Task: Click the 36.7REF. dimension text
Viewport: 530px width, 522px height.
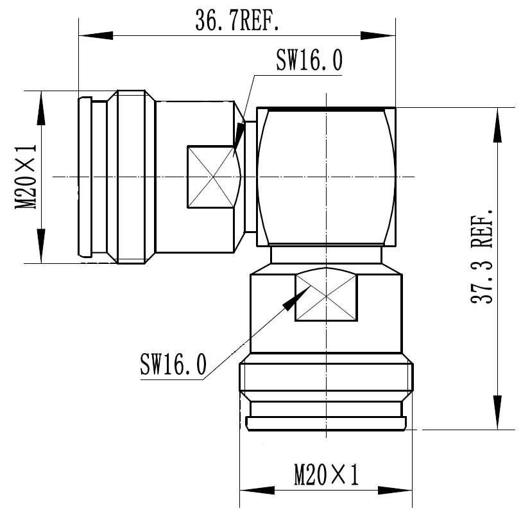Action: point(237,22)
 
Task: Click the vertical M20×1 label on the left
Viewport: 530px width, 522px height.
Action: point(26,177)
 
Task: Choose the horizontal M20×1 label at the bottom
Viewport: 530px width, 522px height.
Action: point(326,476)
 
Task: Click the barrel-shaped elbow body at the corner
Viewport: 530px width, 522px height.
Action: point(326,177)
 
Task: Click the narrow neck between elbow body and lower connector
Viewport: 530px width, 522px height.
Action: point(326,255)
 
